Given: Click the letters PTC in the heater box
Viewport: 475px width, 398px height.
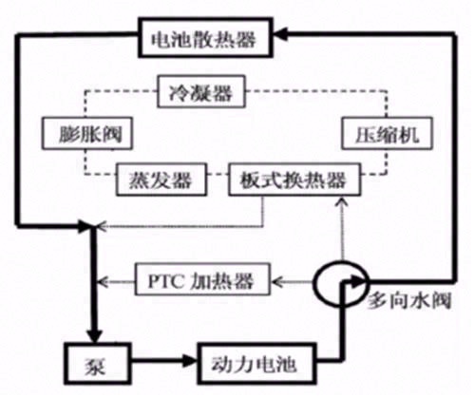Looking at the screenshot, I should (x=166, y=280).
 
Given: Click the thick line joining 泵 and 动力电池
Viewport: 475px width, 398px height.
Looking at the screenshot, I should (x=157, y=363).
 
